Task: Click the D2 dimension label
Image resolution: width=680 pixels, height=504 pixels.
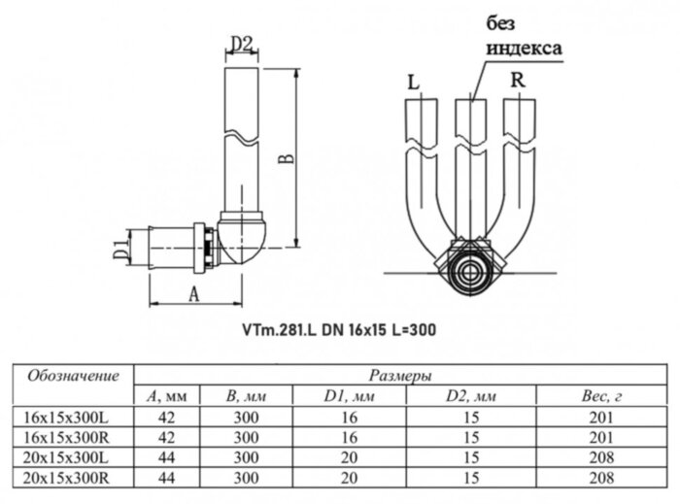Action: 242,43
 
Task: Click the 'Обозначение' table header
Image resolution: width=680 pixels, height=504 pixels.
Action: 73,375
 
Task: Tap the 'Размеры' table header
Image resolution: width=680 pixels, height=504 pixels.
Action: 400,375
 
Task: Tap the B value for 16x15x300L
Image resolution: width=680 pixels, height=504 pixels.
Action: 246,417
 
